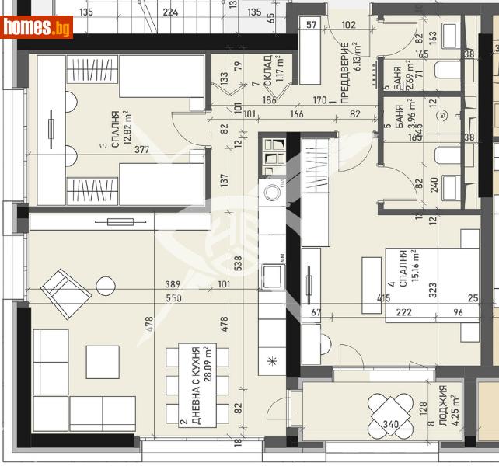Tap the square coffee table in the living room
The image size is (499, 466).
(x=102, y=361)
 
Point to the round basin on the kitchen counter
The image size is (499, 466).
(x=274, y=192)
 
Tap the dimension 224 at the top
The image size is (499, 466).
(x=172, y=12)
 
